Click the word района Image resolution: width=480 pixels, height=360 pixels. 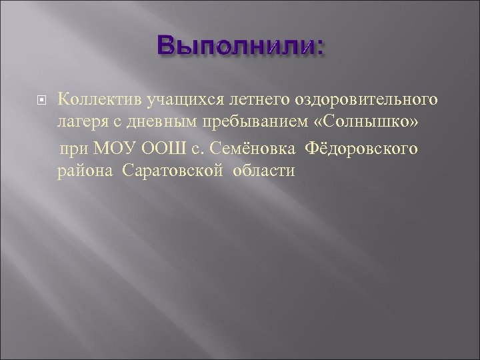(x=85, y=172)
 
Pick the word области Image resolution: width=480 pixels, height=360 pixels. (x=264, y=172)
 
